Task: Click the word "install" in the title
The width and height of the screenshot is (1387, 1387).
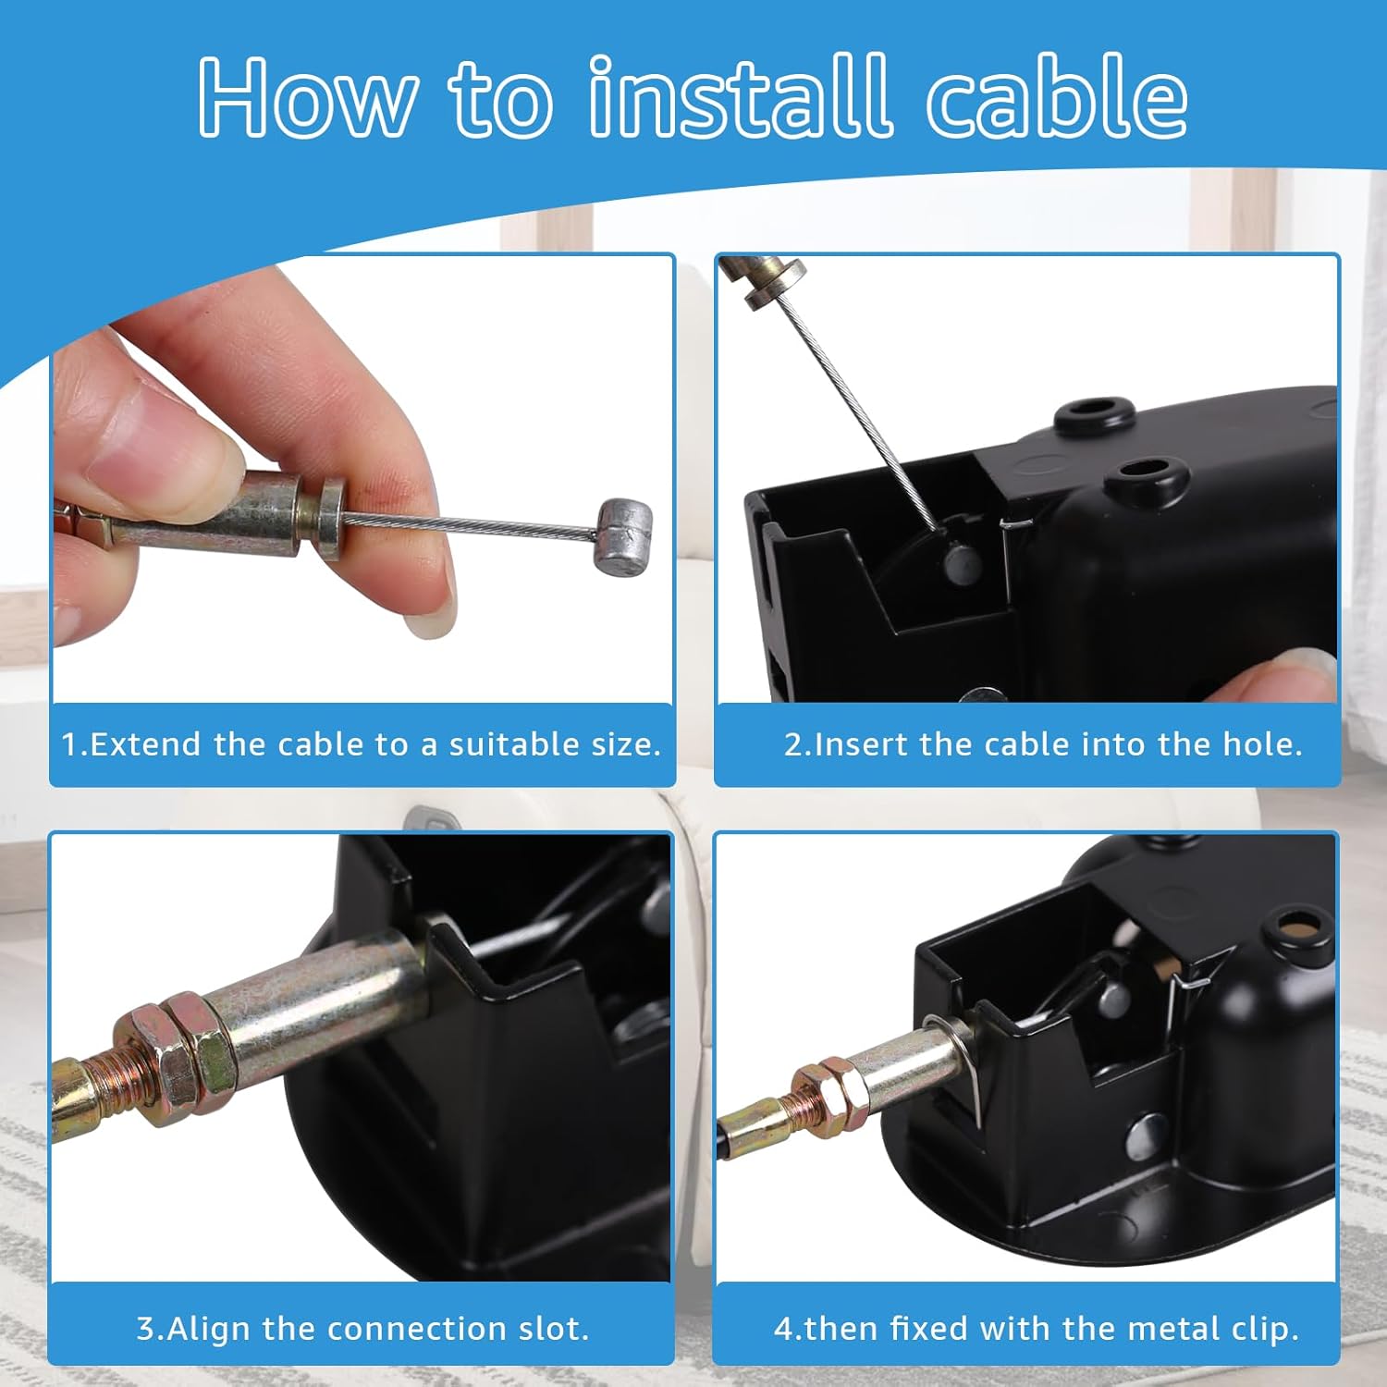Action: pyautogui.click(x=740, y=95)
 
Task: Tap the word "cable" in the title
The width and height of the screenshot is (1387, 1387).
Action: pyautogui.click(x=1057, y=95)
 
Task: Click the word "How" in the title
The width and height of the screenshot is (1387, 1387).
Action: pyautogui.click(x=308, y=97)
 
